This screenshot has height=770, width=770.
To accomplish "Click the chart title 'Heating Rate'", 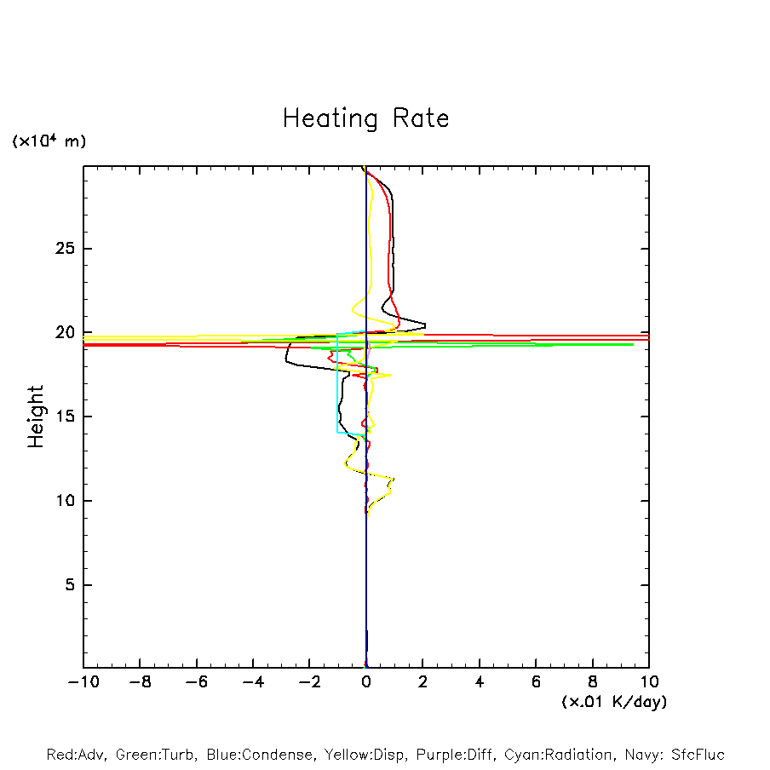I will tap(365, 118).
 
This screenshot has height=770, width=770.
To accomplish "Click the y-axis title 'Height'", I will tap(36, 417).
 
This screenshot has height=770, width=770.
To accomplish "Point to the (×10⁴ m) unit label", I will tap(49, 141).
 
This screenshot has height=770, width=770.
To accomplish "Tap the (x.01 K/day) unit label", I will tap(613, 702).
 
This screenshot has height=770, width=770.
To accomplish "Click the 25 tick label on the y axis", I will tap(66, 249).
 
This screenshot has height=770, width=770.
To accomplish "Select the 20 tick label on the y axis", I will tap(66, 333).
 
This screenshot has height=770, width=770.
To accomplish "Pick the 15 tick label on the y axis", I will tap(66, 417).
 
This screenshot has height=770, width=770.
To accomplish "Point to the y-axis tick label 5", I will tap(72, 585).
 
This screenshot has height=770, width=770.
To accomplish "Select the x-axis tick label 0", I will tap(366, 681).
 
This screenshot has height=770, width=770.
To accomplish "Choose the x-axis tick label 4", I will tap(480, 681).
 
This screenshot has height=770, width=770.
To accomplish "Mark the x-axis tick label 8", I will tap(593, 681).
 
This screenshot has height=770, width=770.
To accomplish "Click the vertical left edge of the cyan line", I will tap(337, 383).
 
